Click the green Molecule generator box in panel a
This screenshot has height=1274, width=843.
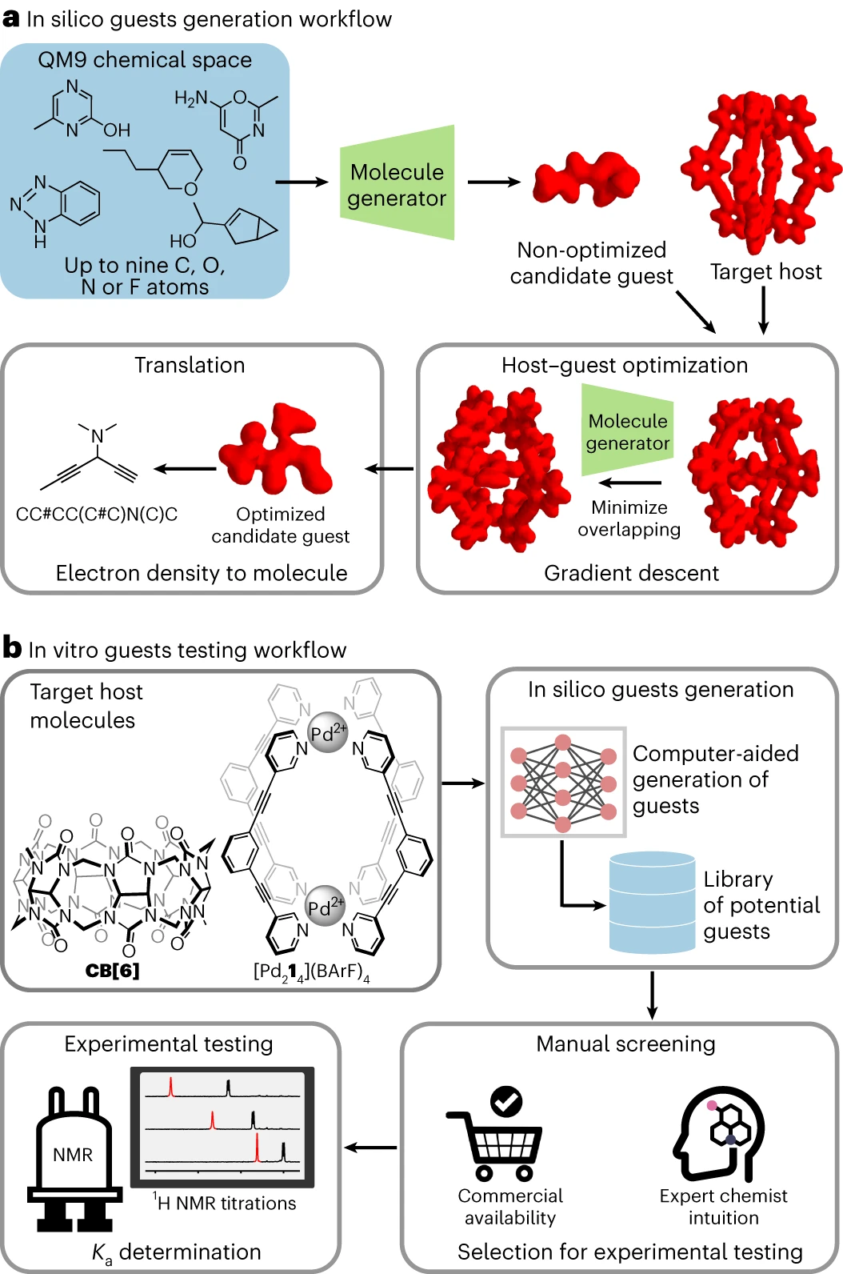point(397,183)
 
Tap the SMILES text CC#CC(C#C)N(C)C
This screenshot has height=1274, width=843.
point(97,515)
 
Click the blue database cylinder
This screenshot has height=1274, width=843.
point(652,903)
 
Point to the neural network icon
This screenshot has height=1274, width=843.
point(563,783)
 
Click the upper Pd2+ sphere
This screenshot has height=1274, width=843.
point(328,732)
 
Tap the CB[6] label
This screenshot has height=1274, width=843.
point(112,971)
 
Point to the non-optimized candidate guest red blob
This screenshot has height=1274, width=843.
point(586,180)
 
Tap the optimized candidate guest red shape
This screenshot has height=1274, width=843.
point(278,452)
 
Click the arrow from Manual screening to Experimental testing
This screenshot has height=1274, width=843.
point(370,1148)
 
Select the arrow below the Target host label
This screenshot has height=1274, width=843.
point(763,310)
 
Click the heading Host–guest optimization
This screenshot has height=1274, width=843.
point(624,365)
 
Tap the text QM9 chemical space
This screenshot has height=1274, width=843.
point(145,60)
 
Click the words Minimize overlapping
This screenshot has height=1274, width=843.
point(629,519)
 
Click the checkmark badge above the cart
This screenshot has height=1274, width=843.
point(505,1101)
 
